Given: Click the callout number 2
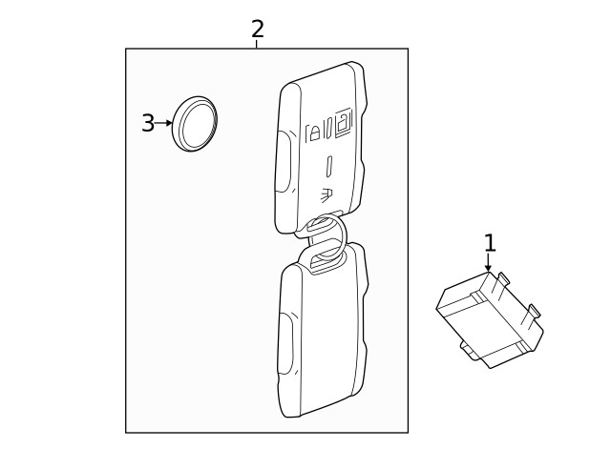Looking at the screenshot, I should [257, 29].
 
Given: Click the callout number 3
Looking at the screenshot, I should [148, 123].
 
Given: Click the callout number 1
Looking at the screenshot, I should [490, 243].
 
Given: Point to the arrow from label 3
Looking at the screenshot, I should [164, 123].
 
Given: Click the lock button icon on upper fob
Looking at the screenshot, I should [313, 132].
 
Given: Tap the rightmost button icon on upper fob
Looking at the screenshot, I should [343, 124].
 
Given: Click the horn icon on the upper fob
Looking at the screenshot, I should [327, 194].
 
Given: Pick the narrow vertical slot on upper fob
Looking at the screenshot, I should [329, 166].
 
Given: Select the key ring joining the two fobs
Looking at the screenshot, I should [322, 239].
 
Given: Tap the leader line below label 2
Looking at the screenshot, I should [257, 44].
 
